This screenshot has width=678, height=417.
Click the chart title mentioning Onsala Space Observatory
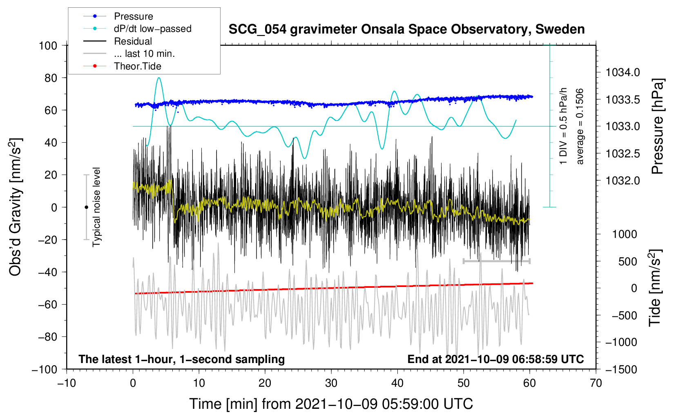(x=406, y=29)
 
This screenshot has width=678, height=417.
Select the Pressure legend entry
(x=133, y=16)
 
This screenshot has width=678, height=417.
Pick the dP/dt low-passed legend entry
(x=152, y=29)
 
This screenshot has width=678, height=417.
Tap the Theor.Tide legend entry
(x=137, y=66)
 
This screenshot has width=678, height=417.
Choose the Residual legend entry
(x=133, y=41)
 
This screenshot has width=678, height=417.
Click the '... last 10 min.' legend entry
(x=144, y=54)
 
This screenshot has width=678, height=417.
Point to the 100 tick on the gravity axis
(x=48, y=45)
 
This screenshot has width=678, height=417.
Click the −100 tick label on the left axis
(x=45, y=370)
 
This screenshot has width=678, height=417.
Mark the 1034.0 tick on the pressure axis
(x=622, y=73)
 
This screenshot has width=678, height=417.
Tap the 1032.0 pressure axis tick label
(x=622, y=180)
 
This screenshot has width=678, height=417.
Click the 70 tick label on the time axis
(x=596, y=383)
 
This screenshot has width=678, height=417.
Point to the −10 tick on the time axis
(x=67, y=383)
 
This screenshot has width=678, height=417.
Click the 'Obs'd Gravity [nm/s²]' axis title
(x=16, y=207)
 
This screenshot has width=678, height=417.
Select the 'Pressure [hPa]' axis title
(x=657, y=126)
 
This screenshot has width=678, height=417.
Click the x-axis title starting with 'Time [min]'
(x=331, y=404)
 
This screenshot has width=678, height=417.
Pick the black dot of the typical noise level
(x=86, y=207)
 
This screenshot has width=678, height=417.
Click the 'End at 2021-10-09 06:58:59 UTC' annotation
(x=495, y=359)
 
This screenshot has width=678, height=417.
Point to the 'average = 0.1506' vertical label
(x=580, y=126)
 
